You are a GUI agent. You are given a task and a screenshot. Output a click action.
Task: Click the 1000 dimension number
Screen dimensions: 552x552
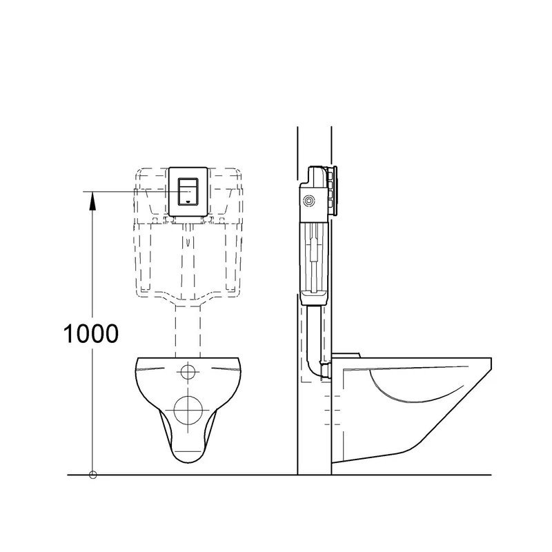[x=91, y=333]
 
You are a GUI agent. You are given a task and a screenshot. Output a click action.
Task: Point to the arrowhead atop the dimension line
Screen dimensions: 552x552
[x=92, y=201]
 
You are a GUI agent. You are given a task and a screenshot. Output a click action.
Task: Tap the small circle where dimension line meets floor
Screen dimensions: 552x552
[x=93, y=475]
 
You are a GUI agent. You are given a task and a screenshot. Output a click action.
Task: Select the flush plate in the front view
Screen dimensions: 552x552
[x=188, y=192]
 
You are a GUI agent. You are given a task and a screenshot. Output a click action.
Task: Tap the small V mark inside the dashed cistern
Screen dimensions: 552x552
[x=188, y=242]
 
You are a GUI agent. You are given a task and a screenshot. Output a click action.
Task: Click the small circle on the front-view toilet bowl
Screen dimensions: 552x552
[x=188, y=372]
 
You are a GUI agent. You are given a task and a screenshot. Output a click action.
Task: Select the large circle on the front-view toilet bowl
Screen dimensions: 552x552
[x=188, y=410]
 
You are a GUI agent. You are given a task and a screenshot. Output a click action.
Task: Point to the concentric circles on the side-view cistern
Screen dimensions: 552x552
[x=308, y=201]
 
